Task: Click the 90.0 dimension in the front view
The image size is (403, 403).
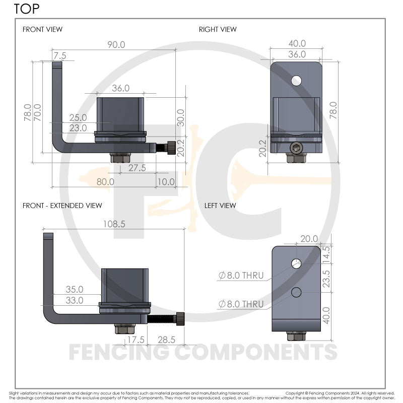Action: pos(115,45)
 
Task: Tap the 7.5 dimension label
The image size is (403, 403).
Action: pos(60,55)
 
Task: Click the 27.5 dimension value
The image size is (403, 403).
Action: pos(137,168)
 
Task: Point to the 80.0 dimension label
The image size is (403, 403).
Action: pos(105,181)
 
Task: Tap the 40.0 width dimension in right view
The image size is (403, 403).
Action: pos(297,44)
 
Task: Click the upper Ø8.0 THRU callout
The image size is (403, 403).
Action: pos(241,275)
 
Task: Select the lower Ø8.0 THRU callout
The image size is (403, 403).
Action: pos(241,304)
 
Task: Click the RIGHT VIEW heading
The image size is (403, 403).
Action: pos(218,30)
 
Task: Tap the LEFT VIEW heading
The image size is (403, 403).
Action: pos(220,206)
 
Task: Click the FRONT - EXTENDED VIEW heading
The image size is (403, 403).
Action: pos(62,206)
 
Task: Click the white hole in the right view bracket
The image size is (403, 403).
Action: pos(297,80)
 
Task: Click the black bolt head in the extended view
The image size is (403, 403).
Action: pos(179,319)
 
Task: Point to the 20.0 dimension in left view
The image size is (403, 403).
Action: pos(309,239)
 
